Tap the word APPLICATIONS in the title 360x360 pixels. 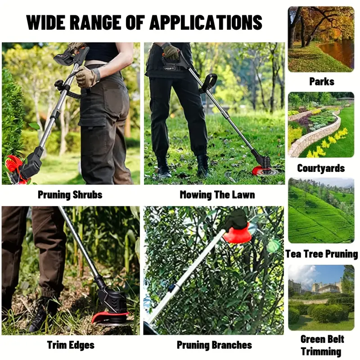pyautogui.click(x=206, y=22)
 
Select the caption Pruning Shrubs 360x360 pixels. pyautogui.click(x=70, y=195)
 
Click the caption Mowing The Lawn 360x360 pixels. pyautogui.click(x=217, y=195)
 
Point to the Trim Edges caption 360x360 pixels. pyautogui.click(x=71, y=345)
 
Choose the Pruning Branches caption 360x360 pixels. pyautogui.click(x=214, y=345)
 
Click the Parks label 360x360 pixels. pyautogui.click(x=322, y=82)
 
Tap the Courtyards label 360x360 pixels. pyautogui.click(x=321, y=168)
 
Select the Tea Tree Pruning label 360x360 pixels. pyautogui.click(x=321, y=254)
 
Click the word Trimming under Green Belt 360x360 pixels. pyautogui.click(x=321, y=351)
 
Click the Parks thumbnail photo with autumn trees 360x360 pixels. pyautogui.click(x=321, y=39)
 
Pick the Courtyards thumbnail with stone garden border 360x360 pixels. pyautogui.click(x=321, y=125)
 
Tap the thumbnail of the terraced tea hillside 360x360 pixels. pyautogui.click(x=321, y=211)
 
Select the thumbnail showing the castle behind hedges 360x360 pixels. pyautogui.click(x=321, y=298)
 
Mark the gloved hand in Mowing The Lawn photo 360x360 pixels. pyautogui.click(x=171, y=52)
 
